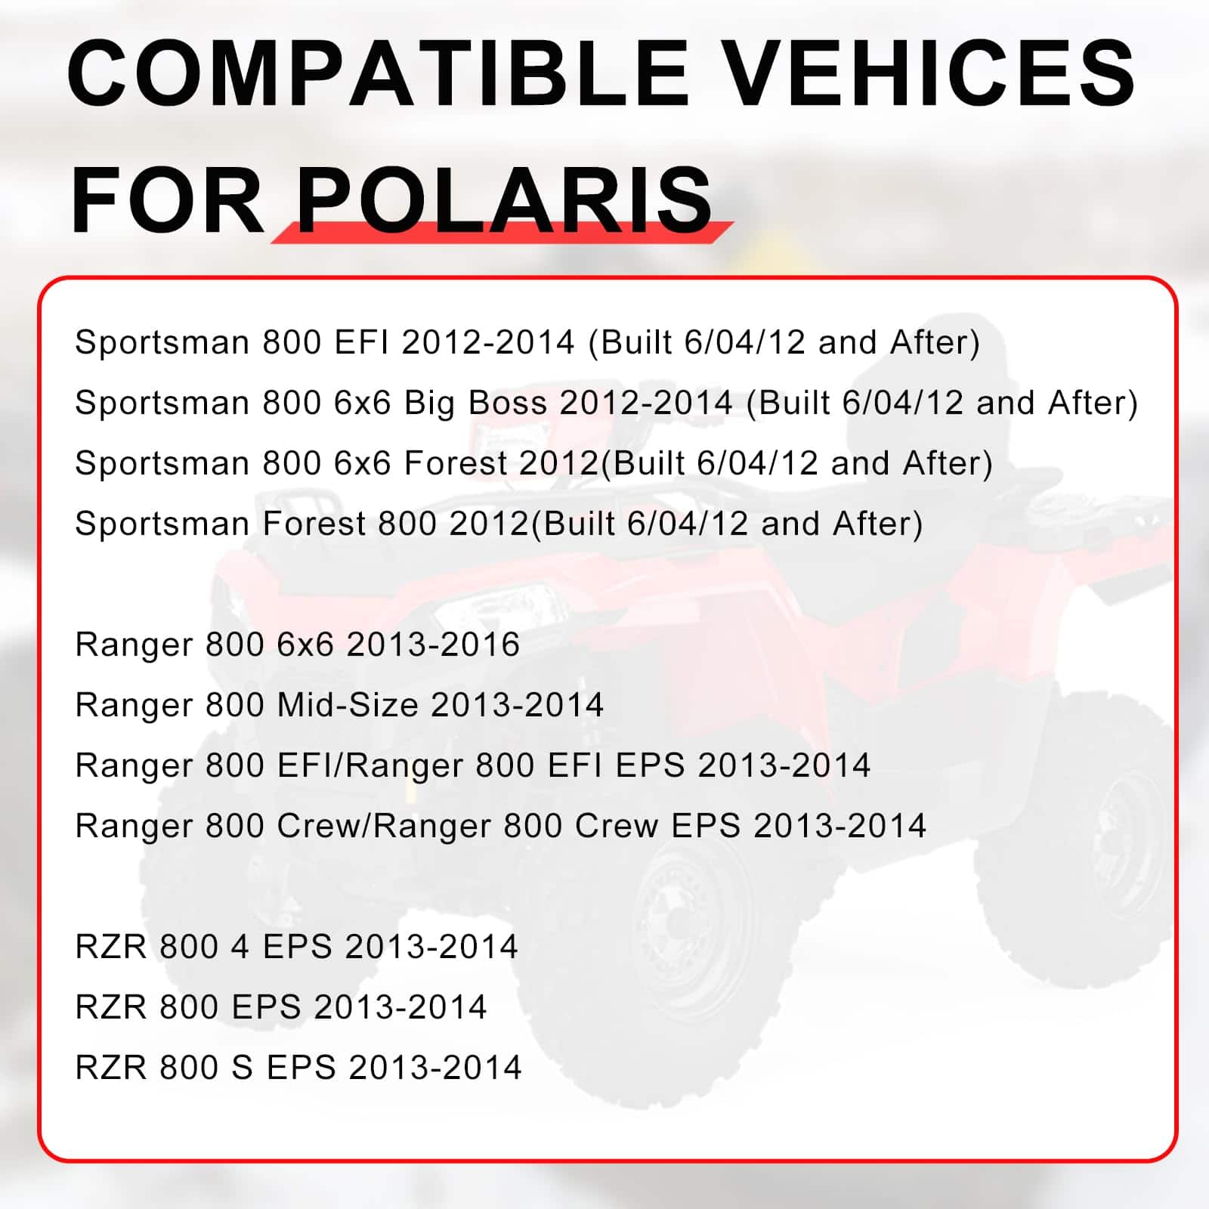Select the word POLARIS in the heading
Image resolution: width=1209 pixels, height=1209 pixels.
coord(505,200)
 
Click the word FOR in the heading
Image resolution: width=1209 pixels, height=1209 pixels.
coord(167,200)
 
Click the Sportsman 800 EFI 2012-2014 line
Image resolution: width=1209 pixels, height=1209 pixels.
coord(527,342)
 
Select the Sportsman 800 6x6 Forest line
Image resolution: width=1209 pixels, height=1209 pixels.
coord(533,463)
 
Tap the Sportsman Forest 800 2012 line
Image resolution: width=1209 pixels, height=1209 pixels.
coord(499,524)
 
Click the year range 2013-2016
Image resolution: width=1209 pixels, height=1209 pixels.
coord(433,645)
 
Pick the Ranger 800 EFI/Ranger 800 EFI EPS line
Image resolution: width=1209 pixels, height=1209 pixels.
coord(472,765)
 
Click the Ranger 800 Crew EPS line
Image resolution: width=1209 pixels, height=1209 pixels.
coord(500,826)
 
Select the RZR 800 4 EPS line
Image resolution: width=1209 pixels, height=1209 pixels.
coord(296,947)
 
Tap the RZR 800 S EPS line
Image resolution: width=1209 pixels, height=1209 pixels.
coord(298,1068)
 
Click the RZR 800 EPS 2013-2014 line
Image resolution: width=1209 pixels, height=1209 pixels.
coord(281,1007)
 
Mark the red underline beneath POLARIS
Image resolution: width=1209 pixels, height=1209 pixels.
coord(502,232)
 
